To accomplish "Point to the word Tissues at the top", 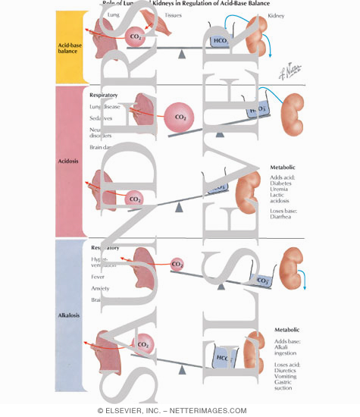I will (x=172, y=14).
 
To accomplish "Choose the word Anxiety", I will (x=101, y=289).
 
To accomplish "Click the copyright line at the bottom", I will (x=180, y=410).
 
